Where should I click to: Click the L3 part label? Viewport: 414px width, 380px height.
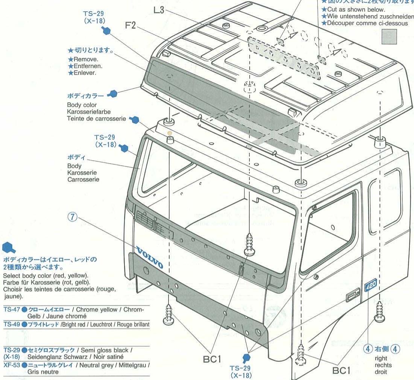point(159,10)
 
